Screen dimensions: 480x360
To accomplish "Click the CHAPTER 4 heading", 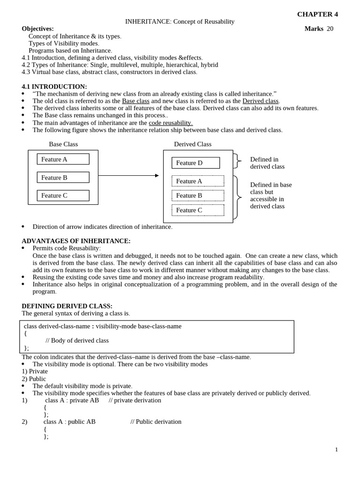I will [x=317, y=14].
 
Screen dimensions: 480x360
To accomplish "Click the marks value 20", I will [x=330, y=29].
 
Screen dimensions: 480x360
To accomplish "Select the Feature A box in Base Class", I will [x=63, y=159].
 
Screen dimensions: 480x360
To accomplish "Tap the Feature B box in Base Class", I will [x=63, y=178].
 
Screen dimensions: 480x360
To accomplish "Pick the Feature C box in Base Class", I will [x=63, y=195].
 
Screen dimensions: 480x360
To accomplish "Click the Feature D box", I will [x=195, y=163].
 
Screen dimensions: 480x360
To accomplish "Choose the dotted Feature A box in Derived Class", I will [x=198, y=181].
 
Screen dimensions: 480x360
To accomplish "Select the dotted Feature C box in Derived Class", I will [x=198, y=210].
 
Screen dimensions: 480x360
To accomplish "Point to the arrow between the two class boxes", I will [x=128, y=176].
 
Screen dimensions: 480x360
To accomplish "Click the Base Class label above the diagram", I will [x=63, y=144].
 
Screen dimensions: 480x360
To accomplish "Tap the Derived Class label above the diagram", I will [x=193, y=144].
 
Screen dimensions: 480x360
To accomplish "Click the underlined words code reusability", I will [x=171, y=123].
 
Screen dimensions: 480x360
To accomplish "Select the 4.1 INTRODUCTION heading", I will [x=54, y=87].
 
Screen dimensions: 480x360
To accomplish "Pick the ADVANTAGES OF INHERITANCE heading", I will [x=76, y=241].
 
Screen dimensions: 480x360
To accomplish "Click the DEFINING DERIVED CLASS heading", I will [x=67, y=306].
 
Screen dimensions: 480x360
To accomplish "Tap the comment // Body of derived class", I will [x=77, y=341].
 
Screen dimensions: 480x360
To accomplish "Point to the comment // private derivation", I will [x=135, y=400].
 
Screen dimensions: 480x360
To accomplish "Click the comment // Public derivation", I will [x=156, y=422].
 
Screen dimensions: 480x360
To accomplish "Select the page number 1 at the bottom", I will [x=336, y=450].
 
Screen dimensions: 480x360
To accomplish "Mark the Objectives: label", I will [x=37, y=29].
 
